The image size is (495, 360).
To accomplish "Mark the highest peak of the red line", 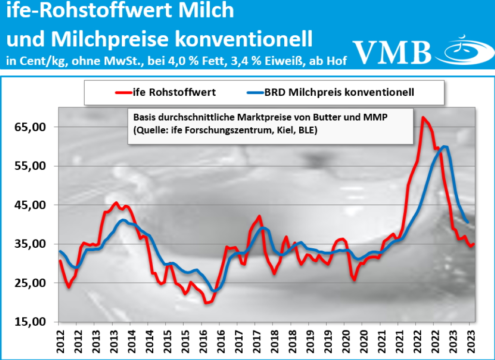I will (423, 117).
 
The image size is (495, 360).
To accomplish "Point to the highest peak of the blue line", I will (445, 146).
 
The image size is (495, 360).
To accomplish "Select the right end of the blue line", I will (467, 222).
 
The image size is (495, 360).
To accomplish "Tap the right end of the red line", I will (474, 244).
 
